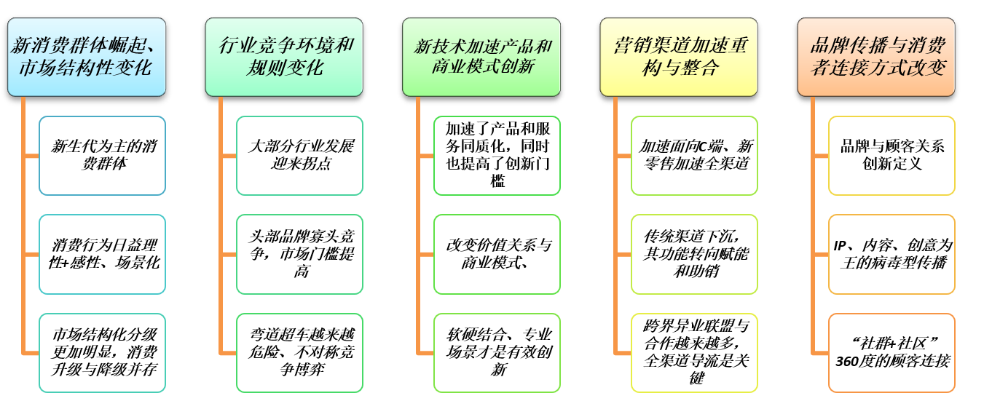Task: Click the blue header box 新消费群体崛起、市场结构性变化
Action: (x=87, y=57)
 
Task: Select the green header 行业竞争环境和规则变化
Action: (x=284, y=57)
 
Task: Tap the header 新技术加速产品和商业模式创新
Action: (x=481, y=57)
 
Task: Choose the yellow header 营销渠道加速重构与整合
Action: (x=679, y=57)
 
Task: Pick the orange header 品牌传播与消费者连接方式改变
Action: (x=876, y=57)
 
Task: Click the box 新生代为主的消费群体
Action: (x=102, y=155)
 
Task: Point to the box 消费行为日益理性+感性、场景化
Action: (x=102, y=254)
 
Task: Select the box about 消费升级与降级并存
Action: (x=102, y=353)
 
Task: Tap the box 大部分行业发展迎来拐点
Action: (x=299, y=155)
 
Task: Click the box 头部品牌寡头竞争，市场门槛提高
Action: (x=299, y=254)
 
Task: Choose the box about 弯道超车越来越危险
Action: (x=299, y=353)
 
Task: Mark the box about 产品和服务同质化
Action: (x=497, y=155)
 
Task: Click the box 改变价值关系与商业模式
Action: (x=497, y=254)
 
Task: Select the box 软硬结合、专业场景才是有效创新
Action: (x=497, y=353)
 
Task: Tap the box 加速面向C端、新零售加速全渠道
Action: (x=694, y=155)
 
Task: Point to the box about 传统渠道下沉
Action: (x=694, y=254)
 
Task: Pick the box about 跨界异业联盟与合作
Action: (x=694, y=353)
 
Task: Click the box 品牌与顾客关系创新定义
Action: (x=891, y=155)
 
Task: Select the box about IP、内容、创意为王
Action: (x=891, y=254)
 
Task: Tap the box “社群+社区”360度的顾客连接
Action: (x=891, y=353)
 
